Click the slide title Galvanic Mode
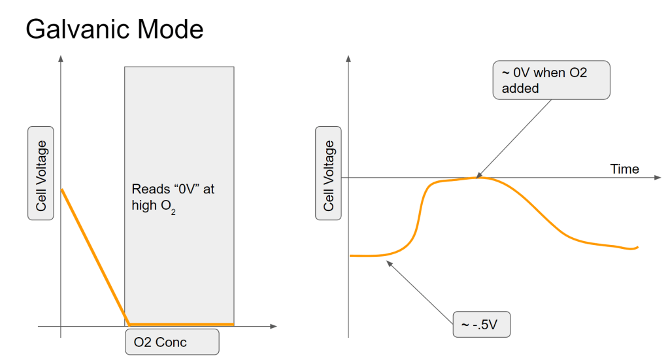pos(114,29)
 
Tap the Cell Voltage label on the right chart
pos(329,175)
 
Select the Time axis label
pos(624,169)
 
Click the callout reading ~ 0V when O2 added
pos(551,80)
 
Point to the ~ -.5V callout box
pos(481,325)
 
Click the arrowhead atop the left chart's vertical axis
pos(61,59)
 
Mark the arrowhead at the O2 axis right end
pos(273,325)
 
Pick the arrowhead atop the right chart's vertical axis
pos(348,59)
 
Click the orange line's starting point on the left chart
pos(61,189)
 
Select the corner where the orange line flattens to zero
pos(129,324)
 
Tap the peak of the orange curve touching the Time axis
pos(479,177)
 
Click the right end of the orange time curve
pos(637,248)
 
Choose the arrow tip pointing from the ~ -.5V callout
pos(388,263)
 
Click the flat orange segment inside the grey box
pos(180,324)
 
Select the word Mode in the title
pos(166,29)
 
